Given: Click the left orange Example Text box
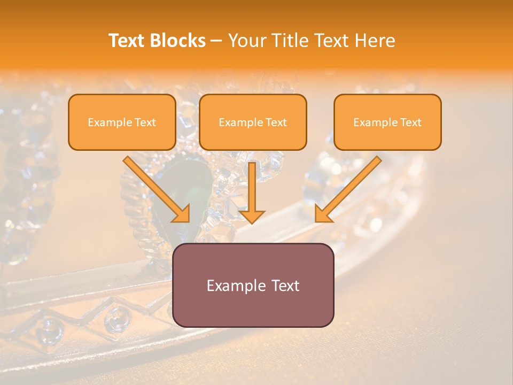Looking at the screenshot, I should (x=122, y=122).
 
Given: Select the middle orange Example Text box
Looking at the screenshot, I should (x=253, y=122).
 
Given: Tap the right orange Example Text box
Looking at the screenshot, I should (x=387, y=122).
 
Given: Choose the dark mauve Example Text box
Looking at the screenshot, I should (x=253, y=285).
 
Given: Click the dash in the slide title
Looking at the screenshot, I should (x=216, y=41).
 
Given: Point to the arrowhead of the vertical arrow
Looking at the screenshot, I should (x=252, y=216).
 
